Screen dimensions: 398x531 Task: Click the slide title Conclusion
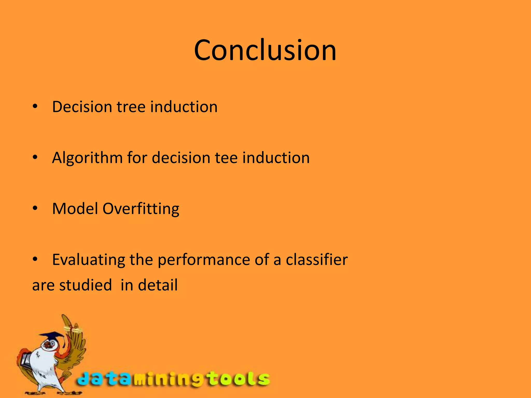pos(265,50)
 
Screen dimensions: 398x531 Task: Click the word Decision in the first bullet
pos(82,107)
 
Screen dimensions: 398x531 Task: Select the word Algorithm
pos(87,158)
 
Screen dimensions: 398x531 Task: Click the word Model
pos(75,209)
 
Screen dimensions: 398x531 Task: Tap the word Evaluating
pos(88,260)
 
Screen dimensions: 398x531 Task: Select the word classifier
pos(317,259)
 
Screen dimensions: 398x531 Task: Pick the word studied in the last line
pos(86,285)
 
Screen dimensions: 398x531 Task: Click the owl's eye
pos(53,344)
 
